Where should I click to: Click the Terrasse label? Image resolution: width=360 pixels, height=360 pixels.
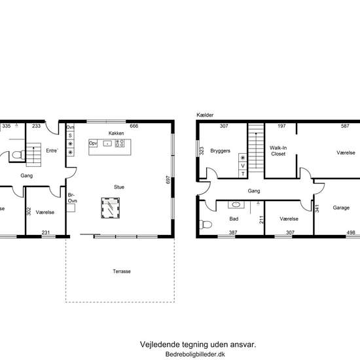pyautogui.click(x=122, y=272)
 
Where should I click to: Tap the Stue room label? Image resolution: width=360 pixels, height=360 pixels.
pyautogui.click(x=119, y=187)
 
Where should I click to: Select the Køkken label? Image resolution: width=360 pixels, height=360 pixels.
pyautogui.click(x=116, y=133)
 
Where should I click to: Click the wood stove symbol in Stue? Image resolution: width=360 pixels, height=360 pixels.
pyautogui.click(x=111, y=208)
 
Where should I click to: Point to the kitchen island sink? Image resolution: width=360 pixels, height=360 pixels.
pyautogui.click(x=107, y=143)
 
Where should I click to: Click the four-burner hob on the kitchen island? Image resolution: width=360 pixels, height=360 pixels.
pyautogui.click(x=120, y=143)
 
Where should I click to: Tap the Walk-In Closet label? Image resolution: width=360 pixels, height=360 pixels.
pyautogui.click(x=278, y=151)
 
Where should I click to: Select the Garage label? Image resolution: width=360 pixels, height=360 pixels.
pyautogui.click(x=341, y=207)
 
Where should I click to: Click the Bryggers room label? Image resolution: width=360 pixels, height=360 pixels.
pyautogui.click(x=220, y=151)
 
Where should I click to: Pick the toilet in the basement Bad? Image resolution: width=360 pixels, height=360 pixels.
pyautogui.click(x=206, y=225)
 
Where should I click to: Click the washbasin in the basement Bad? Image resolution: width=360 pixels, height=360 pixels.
pyautogui.click(x=236, y=205)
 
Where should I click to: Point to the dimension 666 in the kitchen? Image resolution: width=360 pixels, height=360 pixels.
pyautogui.click(x=134, y=126)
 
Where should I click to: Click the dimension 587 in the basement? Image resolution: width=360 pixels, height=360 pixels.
pyautogui.click(x=345, y=126)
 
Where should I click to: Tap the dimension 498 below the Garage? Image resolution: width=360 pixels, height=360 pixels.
pyautogui.click(x=351, y=232)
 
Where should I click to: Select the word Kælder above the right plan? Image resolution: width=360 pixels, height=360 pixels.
pyautogui.click(x=205, y=115)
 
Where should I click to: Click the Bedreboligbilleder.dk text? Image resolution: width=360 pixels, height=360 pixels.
pyautogui.click(x=195, y=354)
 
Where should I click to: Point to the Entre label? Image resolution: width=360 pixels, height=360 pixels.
pyautogui.click(x=52, y=151)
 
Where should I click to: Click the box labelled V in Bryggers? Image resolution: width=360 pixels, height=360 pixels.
pyautogui.click(x=243, y=166)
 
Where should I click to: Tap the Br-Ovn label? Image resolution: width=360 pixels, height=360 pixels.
pyautogui.click(x=72, y=198)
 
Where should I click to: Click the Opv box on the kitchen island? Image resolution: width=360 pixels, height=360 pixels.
pyautogui.click(x=93, y=143)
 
